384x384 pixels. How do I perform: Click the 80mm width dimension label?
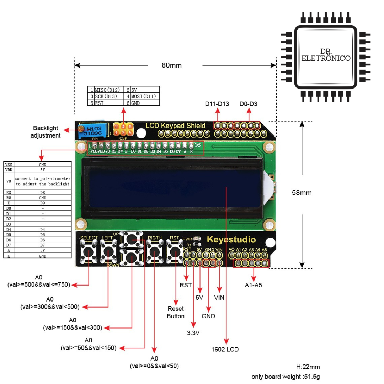[x=172, y=65]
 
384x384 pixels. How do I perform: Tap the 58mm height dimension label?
[x=302, y=193]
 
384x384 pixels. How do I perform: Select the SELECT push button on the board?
[x=88, y=253]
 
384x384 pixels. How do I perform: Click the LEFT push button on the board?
[x=108, y=253]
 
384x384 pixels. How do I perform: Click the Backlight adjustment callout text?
[x=45, y=132]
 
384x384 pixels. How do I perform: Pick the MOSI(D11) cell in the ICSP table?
[x=143, y=96]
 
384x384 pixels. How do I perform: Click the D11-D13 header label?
[x=217, y=104]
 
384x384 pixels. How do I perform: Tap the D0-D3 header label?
[x=249, y=104]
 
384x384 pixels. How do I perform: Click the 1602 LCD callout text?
[x=225, y=349]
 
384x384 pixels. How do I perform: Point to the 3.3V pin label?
[x=193, y=333]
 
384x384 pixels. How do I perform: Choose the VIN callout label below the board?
[x=219, y=297]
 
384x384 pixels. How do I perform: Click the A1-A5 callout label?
[x=253, y=285]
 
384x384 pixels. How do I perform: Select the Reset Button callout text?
[x=176, y=313]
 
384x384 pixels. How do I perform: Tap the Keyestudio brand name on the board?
[x=231, y=239]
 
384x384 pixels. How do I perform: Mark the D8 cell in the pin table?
[x=43, y=193]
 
